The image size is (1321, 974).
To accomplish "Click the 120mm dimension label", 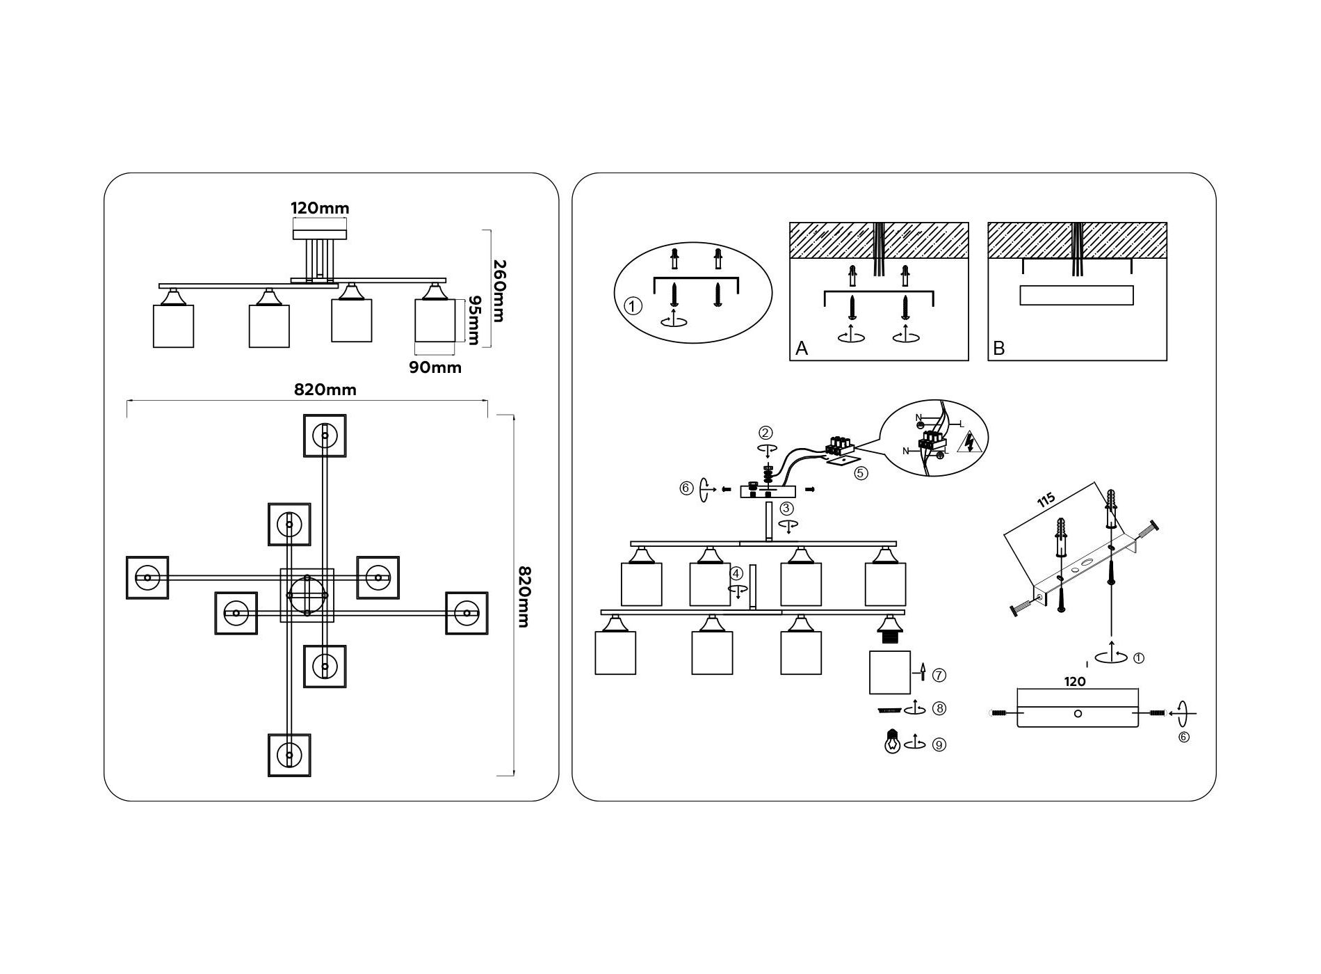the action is coord(319,208).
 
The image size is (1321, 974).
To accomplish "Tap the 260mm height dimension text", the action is coord(499,291).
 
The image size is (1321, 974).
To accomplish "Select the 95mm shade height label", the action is coord(473,320).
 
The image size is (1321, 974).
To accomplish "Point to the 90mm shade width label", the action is coord(435,367).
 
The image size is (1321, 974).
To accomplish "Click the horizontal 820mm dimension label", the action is coord(325,390).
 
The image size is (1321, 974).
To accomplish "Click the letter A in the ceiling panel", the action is coord(802,348).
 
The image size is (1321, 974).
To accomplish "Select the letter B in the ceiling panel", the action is coord(999,348).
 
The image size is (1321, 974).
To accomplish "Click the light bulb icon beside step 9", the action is coord(892,742).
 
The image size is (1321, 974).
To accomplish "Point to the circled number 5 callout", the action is coord(861,473).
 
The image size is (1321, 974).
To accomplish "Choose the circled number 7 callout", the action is coord(939,675).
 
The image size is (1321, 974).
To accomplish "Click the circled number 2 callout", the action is coord(765,433).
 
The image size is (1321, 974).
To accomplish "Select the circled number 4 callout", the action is coord(736,574).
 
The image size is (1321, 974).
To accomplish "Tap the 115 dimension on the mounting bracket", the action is coord(1046,500).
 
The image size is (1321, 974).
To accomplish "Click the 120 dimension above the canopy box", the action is coord(1075,682).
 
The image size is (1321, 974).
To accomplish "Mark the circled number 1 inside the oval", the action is coord(633,306).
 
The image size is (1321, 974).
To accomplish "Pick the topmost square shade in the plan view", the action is coord(325,436).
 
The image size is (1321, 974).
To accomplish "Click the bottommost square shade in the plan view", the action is coord(289,755).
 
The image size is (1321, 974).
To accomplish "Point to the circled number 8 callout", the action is coord(939,708).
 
